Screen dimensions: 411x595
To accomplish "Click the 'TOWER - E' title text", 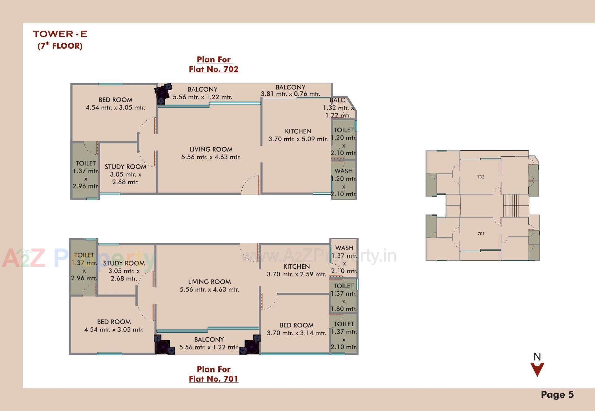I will [x=60, y=34].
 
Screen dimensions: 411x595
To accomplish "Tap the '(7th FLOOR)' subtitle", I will [x=60, y=46].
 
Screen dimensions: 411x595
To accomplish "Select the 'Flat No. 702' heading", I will [x=214, y=69].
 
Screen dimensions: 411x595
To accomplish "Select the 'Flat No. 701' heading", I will [x=214, y=379].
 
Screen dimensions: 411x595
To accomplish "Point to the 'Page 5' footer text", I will [x=557, y=395].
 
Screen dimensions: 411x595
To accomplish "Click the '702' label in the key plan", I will [x=481, y=177].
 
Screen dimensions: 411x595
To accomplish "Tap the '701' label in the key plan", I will [x=481, y=234].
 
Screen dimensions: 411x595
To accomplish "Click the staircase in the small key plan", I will [x=511, y=205].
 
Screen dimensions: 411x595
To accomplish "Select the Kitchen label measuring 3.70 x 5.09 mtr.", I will [x=298, y=135].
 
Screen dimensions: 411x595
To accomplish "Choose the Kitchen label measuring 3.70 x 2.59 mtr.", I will [x=296, y=270].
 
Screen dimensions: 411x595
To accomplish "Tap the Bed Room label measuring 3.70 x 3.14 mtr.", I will [x=296, y=329].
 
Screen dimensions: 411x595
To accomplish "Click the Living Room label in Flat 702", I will [x=211, y=153].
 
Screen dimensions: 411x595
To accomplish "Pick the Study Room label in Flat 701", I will [x=124, y=270].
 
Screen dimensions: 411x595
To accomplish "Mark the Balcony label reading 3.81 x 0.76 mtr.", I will [x=290, y=90].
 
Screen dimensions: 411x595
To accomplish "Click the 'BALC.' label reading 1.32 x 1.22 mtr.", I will [x=338, y=108].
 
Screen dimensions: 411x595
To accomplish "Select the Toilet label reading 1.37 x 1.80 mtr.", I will [x=343, y=297].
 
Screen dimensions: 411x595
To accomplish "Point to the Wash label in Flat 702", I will [x=343, y=182].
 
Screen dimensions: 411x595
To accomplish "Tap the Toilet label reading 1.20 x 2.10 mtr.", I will [x=343, y=141].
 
